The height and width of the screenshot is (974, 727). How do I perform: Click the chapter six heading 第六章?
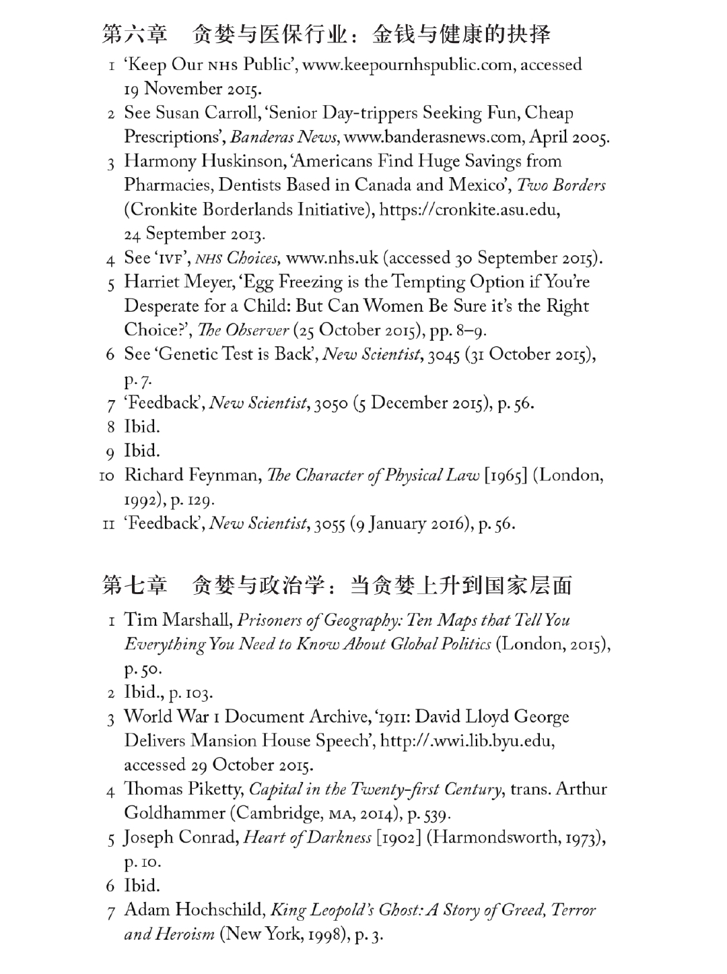click(x=134, y=34)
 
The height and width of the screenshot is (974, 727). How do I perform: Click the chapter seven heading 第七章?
click(x=134, y=585)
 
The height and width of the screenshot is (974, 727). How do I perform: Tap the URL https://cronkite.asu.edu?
click(x=469, y=209)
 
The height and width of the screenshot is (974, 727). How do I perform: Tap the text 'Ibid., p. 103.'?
click(x=168, y=692)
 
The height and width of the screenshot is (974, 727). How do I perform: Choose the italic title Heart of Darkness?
click(x=307, y=838)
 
